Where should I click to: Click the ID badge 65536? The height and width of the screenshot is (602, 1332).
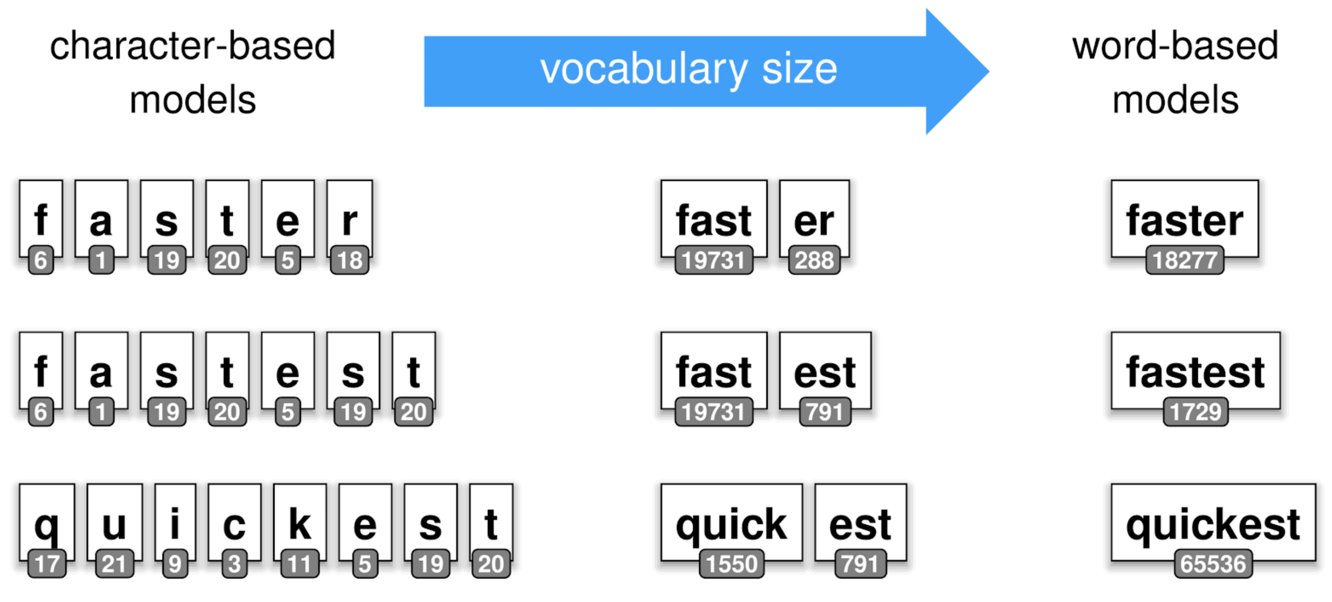[1212, 564]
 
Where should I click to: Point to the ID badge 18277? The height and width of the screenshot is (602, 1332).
[1184, 260]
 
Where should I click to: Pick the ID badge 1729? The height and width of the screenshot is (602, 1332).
[1195, 412]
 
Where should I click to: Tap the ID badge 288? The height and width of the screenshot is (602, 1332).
[814, 260]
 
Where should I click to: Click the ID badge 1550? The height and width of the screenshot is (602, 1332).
[731, 564]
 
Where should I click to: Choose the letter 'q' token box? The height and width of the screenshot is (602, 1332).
[46, 520]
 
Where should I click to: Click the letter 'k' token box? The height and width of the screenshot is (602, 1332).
[300, 520]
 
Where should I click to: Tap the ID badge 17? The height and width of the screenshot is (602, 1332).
[46, 564]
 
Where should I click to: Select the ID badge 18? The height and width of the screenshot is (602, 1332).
[349, 260]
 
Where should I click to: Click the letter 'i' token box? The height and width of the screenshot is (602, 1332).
[175, 520]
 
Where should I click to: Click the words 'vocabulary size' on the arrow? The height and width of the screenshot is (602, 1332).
[688, 69]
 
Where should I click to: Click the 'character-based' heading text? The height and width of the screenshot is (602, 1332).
[192, 45]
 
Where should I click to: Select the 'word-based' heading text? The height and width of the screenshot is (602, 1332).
[1175, 45]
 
